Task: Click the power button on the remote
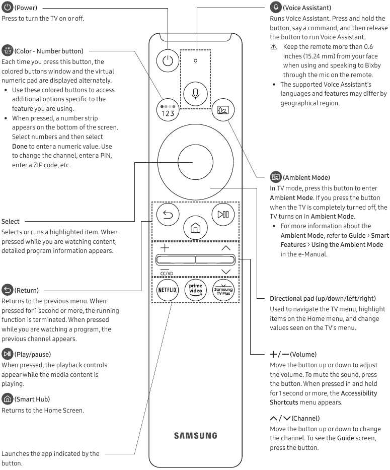point(168,61)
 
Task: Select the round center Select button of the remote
point(195,162)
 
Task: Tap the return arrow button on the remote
point(168,216)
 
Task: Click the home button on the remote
point(195,228)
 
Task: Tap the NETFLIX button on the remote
point(167,290)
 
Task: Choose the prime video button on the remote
point(195,290)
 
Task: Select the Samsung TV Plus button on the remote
point(223,290)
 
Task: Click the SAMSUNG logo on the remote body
point(196,435)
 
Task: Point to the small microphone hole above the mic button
point(195,60)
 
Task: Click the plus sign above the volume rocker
point(165,248)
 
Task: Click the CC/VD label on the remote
point(167,274)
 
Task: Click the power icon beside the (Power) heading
point(7,8)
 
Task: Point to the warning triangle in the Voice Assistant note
point(274,47)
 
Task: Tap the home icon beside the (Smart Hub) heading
point(7,399)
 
